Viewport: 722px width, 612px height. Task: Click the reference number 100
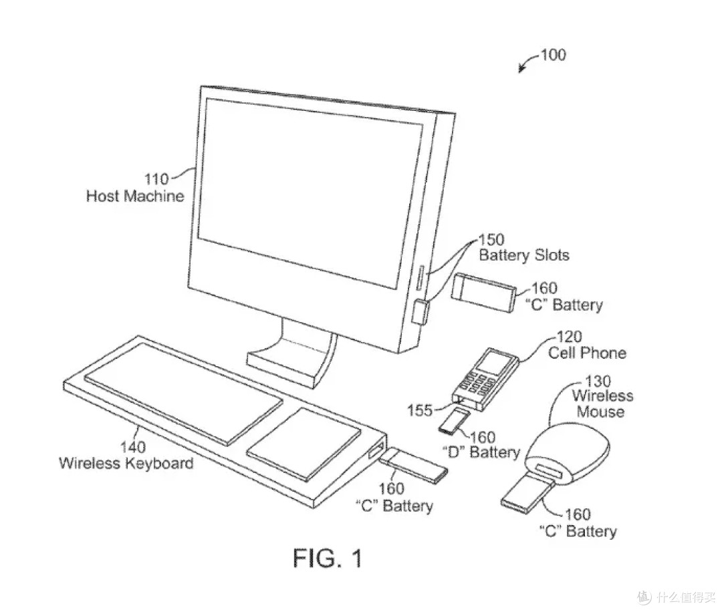(x=553, y=55)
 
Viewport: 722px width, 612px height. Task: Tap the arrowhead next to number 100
(x=521, y=69)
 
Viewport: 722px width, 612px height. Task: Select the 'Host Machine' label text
(x=135, y=196)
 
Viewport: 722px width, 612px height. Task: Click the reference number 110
(x=156, y=179)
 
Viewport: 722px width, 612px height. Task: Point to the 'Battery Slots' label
(x=524, y=255)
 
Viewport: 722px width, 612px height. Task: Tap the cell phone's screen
(x=492, y=362)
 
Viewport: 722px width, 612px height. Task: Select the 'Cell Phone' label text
(x=587, y=353)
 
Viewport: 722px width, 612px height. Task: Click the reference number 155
(x=420, y=410)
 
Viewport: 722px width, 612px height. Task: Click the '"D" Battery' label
(x=481, y=452)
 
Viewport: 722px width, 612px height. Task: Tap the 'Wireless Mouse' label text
(x=602, y=404)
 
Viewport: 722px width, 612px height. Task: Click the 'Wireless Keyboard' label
(x=126, y=463)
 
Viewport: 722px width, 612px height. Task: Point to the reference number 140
(x=132, y=447)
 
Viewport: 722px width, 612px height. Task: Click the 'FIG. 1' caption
(x=328, y=558)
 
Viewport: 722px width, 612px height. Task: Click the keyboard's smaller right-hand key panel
(x=304, y=444)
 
